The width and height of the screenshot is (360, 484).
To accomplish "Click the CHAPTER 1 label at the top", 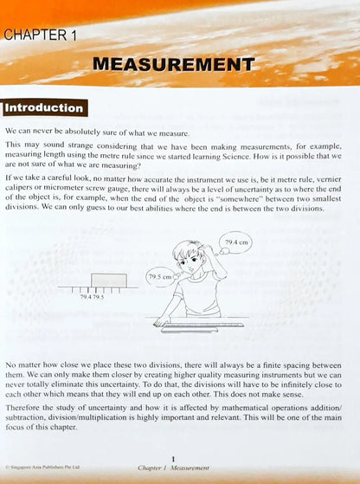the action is tap(41, 35).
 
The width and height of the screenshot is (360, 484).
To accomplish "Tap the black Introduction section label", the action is tap(44, 109).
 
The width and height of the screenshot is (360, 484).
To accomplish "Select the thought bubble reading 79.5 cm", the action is tap(159, 277).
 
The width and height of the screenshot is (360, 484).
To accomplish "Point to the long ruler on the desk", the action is tap(201, 326).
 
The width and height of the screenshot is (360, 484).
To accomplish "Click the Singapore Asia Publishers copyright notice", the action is tap(44, 468).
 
